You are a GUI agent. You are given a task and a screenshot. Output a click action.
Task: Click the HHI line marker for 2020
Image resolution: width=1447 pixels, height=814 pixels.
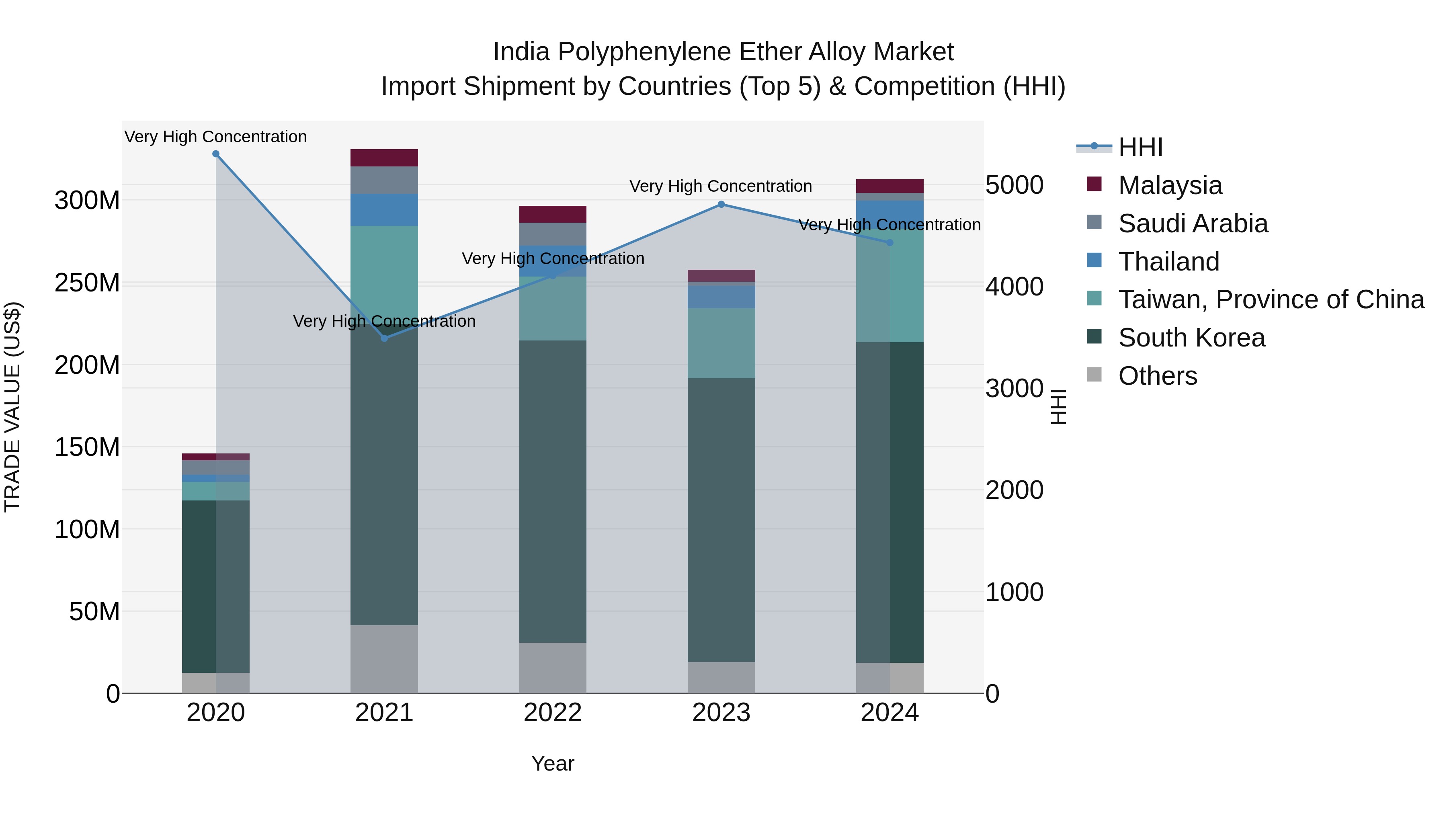tap(216, 154)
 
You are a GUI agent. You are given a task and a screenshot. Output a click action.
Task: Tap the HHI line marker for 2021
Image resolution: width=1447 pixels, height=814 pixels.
tap(384, 338)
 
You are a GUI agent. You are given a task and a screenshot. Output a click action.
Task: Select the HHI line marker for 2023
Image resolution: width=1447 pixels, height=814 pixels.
tap(721, 205)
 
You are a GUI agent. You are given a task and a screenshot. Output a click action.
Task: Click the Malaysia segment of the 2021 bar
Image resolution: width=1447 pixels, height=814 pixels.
tap(384, 158)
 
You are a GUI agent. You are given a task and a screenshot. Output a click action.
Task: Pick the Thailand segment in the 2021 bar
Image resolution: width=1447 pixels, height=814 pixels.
tap(384, 210)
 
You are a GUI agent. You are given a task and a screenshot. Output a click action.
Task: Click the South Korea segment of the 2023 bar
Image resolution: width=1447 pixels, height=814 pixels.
tap(721, 520)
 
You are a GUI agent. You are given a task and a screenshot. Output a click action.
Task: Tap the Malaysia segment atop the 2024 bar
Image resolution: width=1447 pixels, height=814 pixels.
tap(890, 186)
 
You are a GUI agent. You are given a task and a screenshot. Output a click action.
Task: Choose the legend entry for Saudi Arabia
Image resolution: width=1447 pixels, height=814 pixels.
tap(1193, 223)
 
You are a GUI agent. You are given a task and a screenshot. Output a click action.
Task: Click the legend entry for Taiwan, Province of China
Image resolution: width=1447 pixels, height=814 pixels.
tap(1271, 299)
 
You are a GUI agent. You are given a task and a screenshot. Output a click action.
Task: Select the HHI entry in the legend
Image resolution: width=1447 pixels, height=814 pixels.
tap(1140, 147)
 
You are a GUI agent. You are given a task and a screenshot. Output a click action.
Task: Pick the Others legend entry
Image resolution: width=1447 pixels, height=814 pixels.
tap(1157, 376)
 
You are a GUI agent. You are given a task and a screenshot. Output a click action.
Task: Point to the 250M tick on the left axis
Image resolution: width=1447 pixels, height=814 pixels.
tap(87, 283)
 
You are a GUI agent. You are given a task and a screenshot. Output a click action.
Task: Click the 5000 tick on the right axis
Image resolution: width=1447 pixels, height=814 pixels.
tap(1015, 185)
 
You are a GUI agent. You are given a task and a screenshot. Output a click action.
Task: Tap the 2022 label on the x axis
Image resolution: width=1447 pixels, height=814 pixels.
tap(553, 713)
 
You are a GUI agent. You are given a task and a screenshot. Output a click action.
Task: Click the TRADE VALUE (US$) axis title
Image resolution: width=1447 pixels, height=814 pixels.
tap(12, 407)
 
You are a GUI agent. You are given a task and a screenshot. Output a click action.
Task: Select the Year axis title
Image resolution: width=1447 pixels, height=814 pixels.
tap(553, 763)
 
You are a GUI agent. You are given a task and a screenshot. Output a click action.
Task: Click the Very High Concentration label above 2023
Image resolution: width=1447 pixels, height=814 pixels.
tap(721, 186)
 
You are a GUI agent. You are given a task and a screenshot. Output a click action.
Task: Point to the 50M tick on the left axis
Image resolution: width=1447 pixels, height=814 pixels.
tap(94, 611)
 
